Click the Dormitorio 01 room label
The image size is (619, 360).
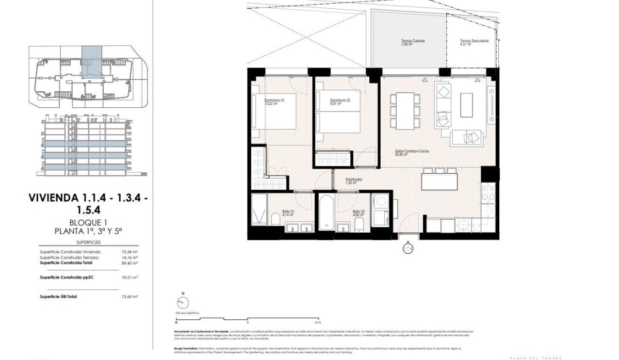pyautogui.click(x=271, y=102)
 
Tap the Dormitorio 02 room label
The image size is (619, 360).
pyautogui.click(x=340, y=102)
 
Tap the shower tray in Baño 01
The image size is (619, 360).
pyautogui.click(x=258, y=211)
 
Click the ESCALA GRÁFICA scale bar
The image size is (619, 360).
pyautogui.click(x=248, y=317)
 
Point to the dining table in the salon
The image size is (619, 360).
pyautogui.click(x=404, y=110)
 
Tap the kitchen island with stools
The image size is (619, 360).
pyautogui.click(x=439, y=181)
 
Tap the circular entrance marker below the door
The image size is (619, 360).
pyautogui.click(x=408, y=249)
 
